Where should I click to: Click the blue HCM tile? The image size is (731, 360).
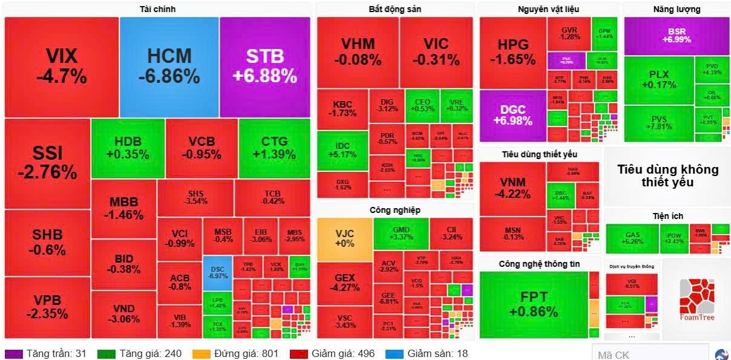pos(169,67)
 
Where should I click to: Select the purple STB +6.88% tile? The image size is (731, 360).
pos(264,67)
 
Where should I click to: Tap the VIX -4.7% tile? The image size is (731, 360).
pos(61,67)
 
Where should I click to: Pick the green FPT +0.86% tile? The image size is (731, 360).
pos(533,304)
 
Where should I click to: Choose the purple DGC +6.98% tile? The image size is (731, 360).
pos(513,116)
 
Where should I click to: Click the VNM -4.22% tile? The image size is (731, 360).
pos(513,188)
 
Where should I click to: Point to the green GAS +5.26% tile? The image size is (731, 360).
pos(632,238)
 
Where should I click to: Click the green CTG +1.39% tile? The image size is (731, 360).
pos(274,148)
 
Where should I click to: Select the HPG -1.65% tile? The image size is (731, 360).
pos(513,52)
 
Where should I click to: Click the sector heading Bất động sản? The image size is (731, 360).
pos(395,9)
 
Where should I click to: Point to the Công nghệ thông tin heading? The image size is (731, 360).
pos(539,264)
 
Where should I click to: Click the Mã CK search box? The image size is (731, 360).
pos(649,354)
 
